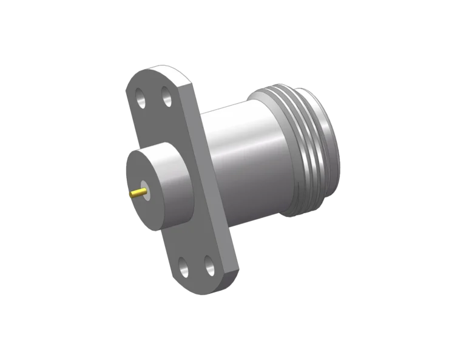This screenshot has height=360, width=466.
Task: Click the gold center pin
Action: point(138,193)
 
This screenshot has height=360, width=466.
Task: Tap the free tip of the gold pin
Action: point(131,195)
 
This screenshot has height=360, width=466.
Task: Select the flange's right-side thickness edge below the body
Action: point(225,243)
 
